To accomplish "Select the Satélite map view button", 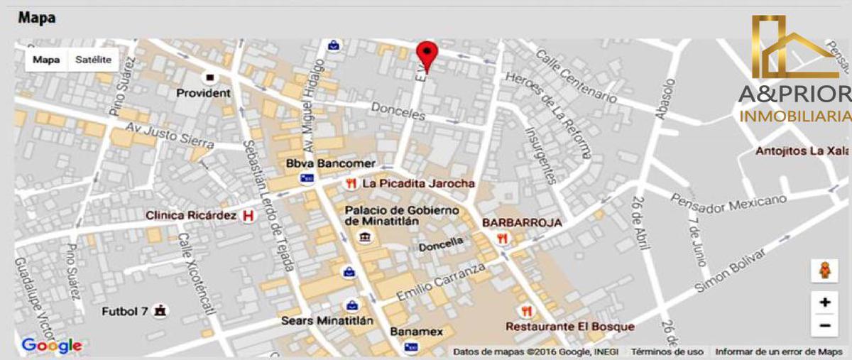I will coord(93,60).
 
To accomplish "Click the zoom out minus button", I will coord(824,326).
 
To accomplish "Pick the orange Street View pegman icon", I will coord(824,271).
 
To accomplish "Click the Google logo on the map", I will coord(51,347).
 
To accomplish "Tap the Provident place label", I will coord(203,93).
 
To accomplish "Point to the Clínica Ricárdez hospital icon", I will coord(248,215).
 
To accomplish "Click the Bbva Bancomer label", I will coord(330,164).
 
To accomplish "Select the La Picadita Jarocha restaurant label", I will coord(418,183).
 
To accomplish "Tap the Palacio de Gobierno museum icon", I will coord(365,236).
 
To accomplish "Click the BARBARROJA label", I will coord(522,223).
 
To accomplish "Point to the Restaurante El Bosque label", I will coord(570,327).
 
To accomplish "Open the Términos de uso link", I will coord(667,351).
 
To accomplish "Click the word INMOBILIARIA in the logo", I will coord(794,116).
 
